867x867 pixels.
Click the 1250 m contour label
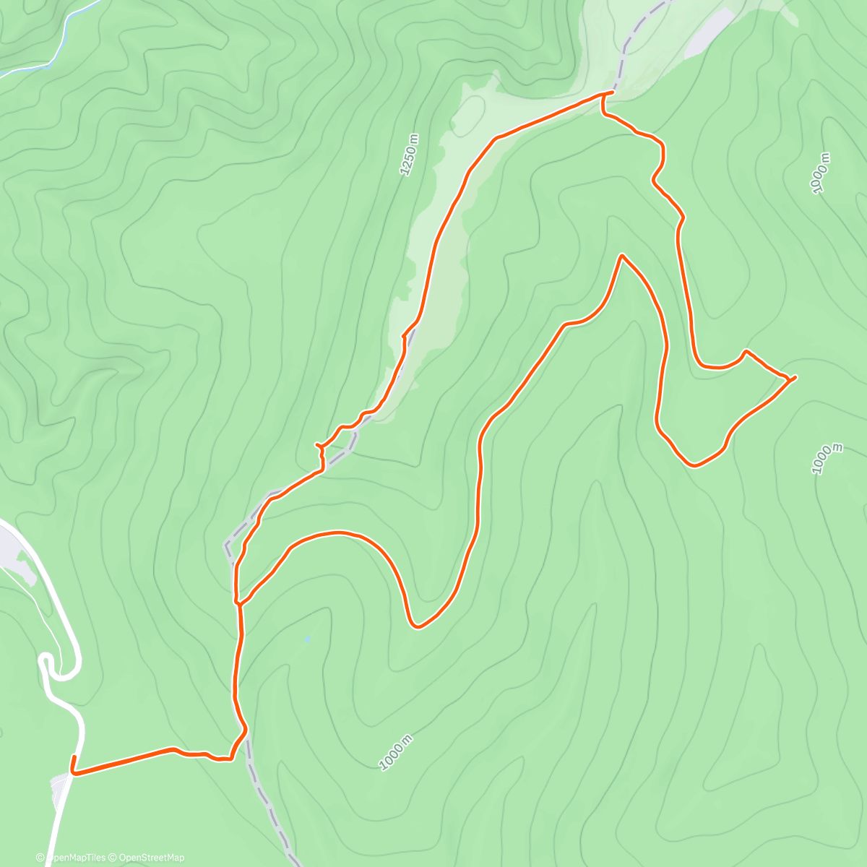[409, 155]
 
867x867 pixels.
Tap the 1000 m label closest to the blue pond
[397, 752]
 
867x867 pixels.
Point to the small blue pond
[308, 639]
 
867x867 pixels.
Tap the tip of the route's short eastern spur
[795, 377]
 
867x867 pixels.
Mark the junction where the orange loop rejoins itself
[238, 600]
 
